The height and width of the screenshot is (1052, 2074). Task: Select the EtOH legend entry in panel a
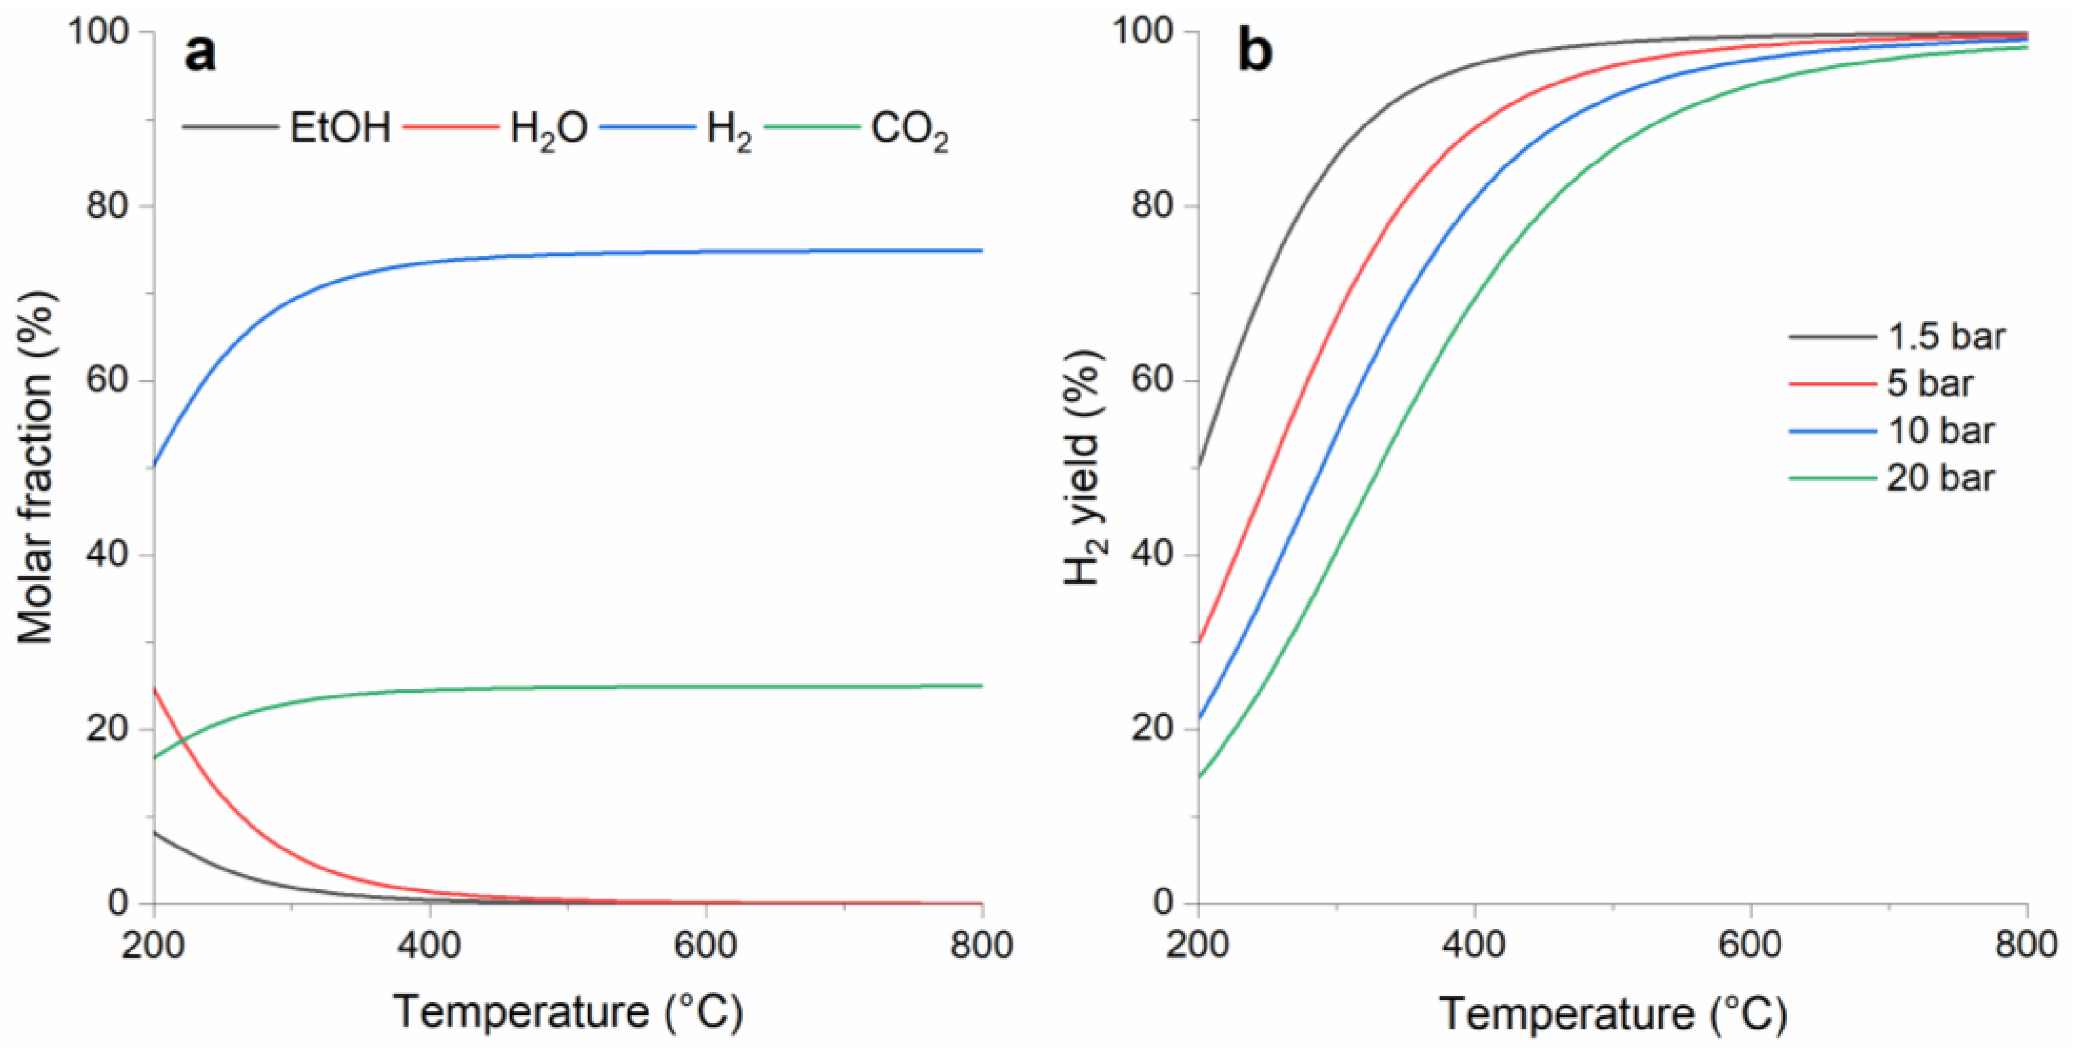point(339,127)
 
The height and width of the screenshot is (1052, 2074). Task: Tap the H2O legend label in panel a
point(547,129)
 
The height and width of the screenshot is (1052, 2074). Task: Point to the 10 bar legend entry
point(1940,430)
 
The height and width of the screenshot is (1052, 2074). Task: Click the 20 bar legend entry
point(1940,478)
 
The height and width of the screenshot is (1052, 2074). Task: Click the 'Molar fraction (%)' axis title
point(36,467)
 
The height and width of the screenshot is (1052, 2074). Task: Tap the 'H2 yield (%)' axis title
point(1084,467)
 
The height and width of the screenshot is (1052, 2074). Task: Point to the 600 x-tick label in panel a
point(705,944)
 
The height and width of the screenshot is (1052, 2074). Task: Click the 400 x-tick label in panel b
point(1473,944)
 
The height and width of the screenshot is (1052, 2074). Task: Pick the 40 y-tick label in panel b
point(1153,555)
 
